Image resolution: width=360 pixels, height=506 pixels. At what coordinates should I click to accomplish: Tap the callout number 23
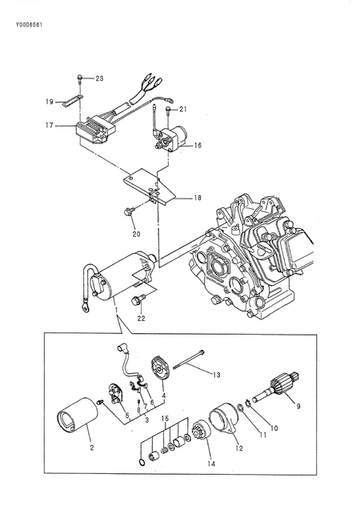[99, 78]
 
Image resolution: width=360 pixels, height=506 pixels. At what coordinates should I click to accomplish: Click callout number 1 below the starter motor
[116, 307]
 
